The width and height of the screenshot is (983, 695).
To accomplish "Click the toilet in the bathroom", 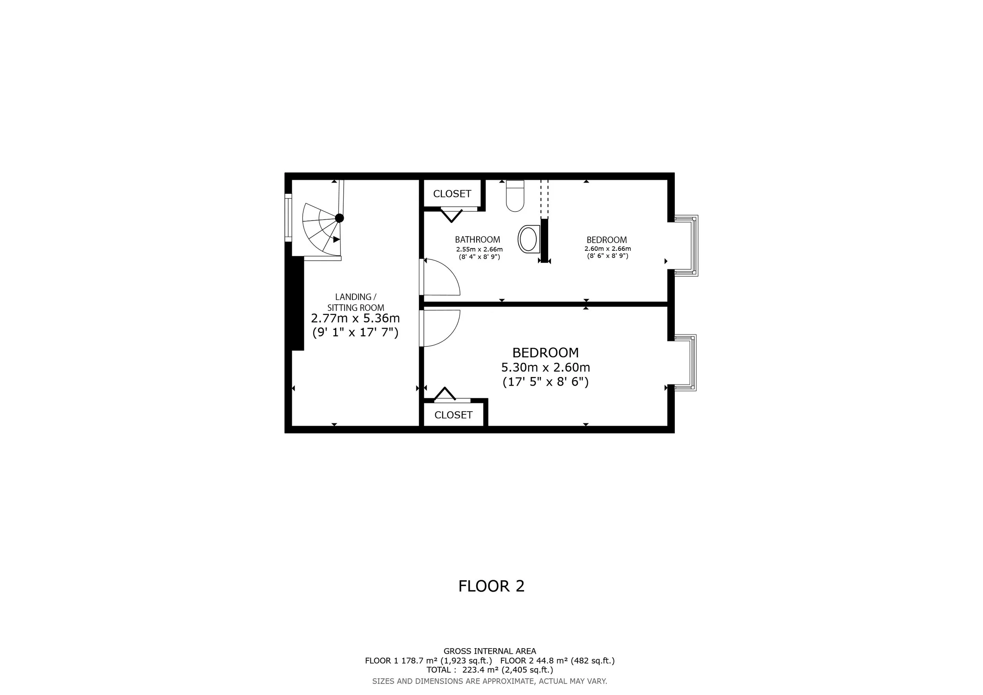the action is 515,196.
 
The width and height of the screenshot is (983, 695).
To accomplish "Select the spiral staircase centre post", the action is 339,218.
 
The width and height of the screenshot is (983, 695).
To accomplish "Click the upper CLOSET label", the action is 452,194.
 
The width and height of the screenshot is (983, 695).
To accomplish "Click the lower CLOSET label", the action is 453,415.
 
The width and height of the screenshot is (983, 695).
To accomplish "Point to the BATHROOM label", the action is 477,240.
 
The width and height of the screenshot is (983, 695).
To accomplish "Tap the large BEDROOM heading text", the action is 545,353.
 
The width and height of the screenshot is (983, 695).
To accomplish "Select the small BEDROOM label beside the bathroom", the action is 607,240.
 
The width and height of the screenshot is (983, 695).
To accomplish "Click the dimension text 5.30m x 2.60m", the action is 545,367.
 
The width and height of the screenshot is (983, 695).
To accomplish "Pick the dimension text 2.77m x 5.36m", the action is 355,318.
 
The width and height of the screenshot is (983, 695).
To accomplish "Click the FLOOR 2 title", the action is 491,586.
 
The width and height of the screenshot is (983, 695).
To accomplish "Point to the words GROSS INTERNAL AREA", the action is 490,651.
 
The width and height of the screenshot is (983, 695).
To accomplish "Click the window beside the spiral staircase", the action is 288,218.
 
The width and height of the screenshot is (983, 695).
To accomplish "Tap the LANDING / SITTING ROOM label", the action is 355,302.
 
